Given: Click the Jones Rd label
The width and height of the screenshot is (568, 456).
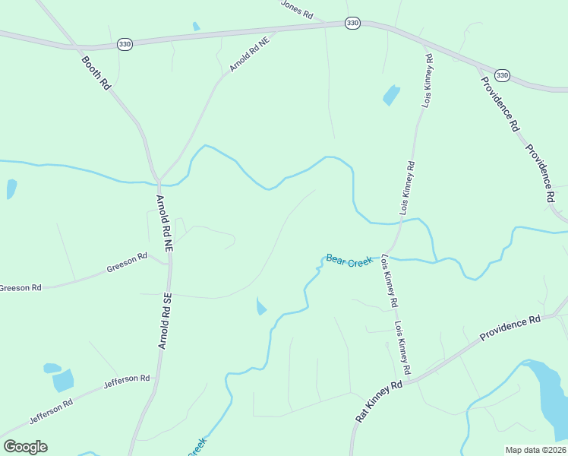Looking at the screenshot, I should (x=297, y=9).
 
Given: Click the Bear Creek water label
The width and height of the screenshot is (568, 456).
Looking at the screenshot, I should (x=349, y=261).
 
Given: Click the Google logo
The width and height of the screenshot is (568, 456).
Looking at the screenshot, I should (x=25, y=447).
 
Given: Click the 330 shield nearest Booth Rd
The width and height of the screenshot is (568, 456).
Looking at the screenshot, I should (x=125, y=46).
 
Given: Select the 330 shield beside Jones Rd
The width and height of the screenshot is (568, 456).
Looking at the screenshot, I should (x=352, y=24).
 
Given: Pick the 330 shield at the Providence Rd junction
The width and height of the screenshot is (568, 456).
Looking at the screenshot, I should (x=501, y=75).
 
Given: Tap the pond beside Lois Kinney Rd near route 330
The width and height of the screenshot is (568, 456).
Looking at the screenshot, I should (x=391, y=95).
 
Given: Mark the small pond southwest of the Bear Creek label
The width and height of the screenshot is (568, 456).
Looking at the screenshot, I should (x=261, y=307).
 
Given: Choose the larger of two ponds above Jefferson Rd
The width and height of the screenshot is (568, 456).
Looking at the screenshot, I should (x=64, y=380).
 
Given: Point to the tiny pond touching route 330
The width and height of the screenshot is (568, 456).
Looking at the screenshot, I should (x=197, y=27).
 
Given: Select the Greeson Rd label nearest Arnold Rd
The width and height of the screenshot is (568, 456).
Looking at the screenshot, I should (x=127, y=262).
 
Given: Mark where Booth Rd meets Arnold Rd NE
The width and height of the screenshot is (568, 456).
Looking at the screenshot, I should (x=158, y=181).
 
